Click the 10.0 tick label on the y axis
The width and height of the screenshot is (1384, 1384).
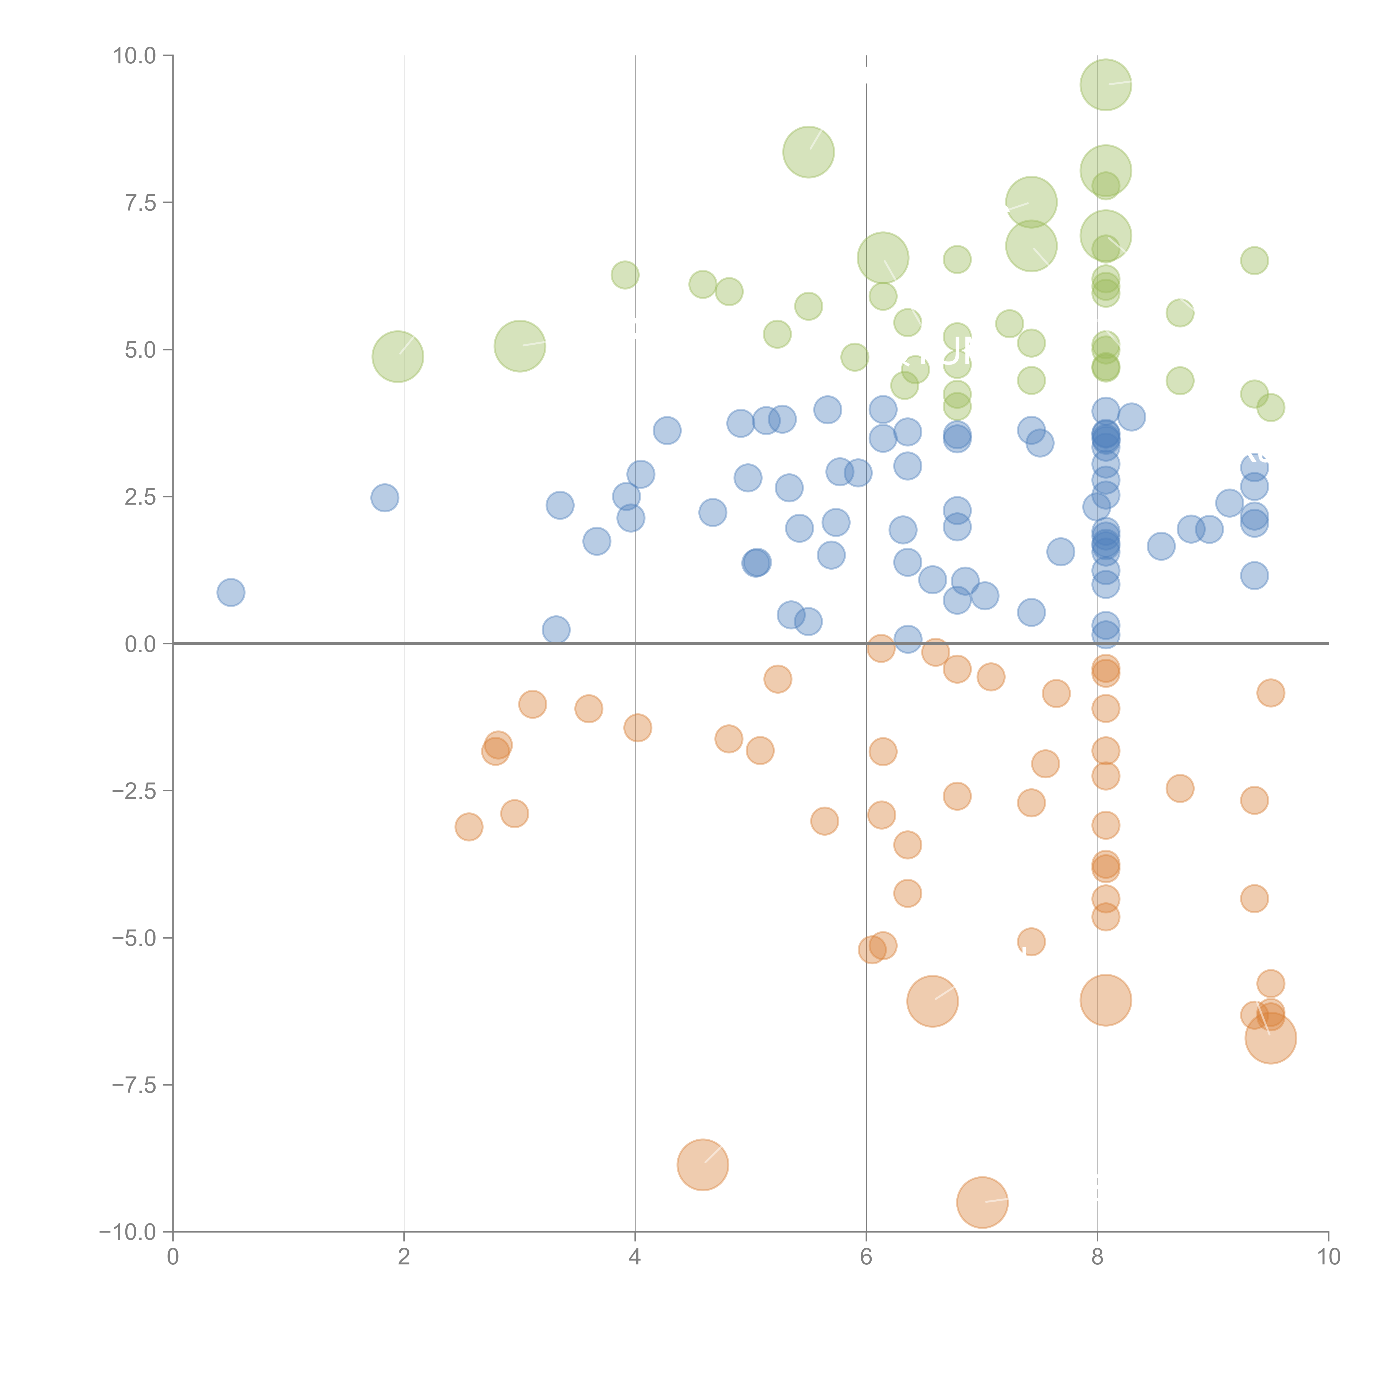point(135,56)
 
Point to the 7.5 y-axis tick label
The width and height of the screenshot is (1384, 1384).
point(140,203)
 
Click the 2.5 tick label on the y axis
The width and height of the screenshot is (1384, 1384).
point(140,497)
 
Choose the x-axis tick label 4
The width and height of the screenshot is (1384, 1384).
point(635,1257)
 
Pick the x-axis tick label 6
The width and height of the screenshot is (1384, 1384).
point(866,1257)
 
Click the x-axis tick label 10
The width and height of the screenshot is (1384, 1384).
point(1328,1257)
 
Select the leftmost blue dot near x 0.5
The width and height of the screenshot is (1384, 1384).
point(231,592)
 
